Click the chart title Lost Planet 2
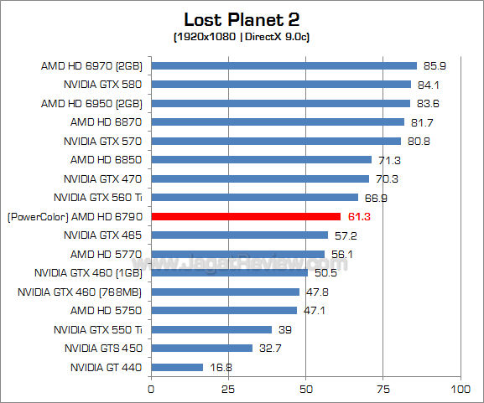[242, 18]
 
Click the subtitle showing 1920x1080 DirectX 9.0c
[242, 37]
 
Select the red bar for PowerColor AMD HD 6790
[246, 216]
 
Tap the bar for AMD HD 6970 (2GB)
[284, 65]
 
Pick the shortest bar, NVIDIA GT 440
[177, 367]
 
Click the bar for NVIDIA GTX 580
[281, 84]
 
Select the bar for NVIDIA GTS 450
[201, 348]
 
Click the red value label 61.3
[356, 216]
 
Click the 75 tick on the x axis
[383, 389]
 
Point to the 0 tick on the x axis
[151, 389]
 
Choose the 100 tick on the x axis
[459, 389]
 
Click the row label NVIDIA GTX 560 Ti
[97, 198]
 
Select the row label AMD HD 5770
[107, 254]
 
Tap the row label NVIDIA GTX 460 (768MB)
[80, 292]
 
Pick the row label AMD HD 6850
[107, 159]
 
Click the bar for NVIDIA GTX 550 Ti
[211, 329]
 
